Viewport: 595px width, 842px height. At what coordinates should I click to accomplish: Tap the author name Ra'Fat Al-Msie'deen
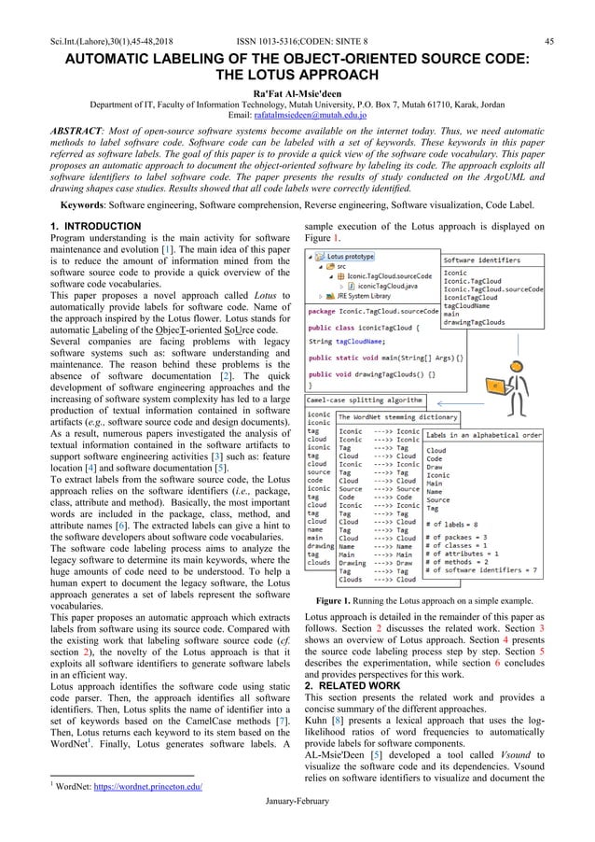[x=297, y=94]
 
